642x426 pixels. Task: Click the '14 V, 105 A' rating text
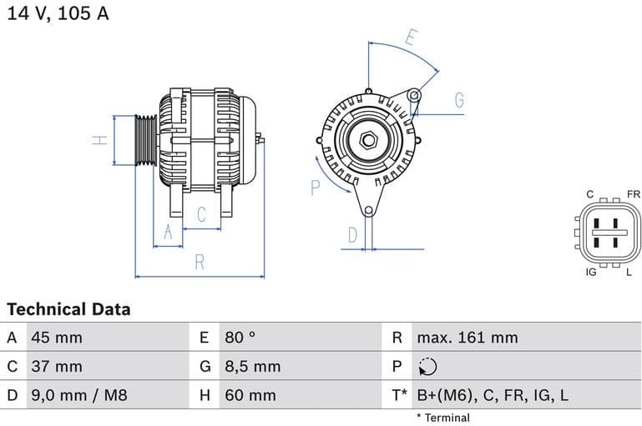[x=58, y=14]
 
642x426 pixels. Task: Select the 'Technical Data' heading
[x=68, y=309]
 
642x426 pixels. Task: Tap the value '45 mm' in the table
[x=57, y=338]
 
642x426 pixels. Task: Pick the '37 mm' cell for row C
[x=57, y=366]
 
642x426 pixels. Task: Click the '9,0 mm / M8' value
[x=79, y=394]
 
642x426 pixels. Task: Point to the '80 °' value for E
[x=240, y=338]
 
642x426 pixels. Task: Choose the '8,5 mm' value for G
[x=253, y=366]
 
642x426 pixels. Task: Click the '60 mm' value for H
[x=250, y=394]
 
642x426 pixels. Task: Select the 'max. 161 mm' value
[x=468, y=338]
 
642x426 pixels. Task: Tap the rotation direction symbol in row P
[x=427, y=366]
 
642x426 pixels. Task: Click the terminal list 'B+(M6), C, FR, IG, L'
[x=493, y=394]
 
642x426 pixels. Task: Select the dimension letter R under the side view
[x=200, y=262]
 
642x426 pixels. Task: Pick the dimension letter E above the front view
[x=411, y=37]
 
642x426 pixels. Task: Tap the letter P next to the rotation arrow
[x=316, y=188]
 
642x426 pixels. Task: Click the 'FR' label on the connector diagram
[x=633, y=194]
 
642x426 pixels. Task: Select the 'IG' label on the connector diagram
[x=591, y=273]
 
